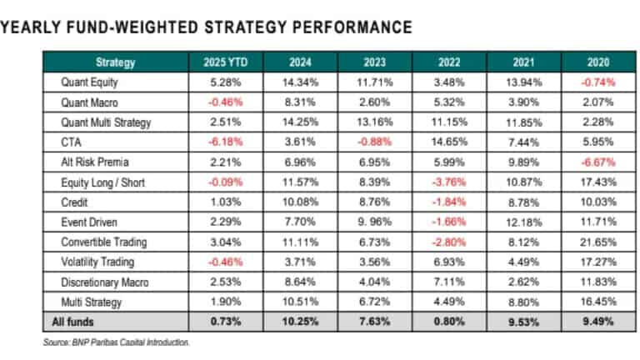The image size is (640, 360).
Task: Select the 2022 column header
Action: [449, 62]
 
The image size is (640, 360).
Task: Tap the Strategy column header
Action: [116, 62]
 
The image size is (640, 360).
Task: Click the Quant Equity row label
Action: [89, 82]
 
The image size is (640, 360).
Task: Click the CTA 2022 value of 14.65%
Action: [449, 143]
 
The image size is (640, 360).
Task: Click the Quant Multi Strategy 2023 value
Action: [374, 123]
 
